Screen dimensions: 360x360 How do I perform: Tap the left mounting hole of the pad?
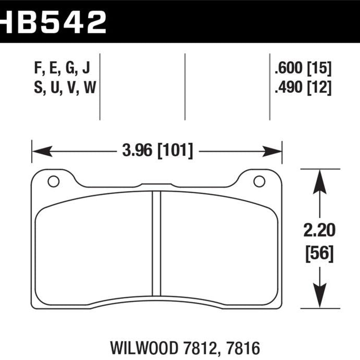click(53, 181)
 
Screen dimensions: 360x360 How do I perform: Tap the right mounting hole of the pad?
click(258, 181)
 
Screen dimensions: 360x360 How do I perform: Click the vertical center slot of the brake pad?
click(155, 244)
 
